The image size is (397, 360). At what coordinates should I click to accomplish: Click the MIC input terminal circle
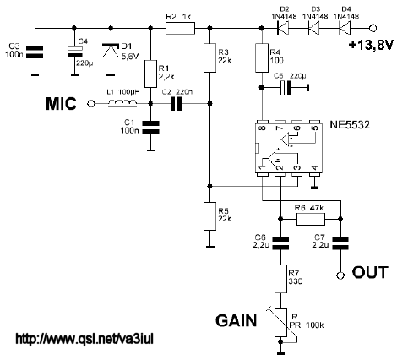(90, 104)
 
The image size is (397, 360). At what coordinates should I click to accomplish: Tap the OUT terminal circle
(340, 275)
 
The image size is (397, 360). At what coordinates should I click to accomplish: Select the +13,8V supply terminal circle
(373, 28)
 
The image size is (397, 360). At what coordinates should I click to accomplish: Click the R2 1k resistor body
(180, 28)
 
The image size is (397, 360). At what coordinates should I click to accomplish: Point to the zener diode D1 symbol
(111, 52)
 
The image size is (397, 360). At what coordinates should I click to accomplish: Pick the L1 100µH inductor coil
(122, 104)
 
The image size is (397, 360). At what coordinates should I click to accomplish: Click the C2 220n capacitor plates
(177, 104)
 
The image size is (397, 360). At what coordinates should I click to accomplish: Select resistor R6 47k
(311, 219)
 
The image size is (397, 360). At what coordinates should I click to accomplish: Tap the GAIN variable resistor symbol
(281, 323)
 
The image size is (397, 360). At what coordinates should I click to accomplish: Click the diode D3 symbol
(314, 28)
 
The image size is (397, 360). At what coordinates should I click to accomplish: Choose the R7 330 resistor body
(280, 279)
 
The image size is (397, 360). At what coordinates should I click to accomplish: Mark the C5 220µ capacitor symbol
(287, 88)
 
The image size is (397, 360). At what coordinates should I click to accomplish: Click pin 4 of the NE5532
(315, 175)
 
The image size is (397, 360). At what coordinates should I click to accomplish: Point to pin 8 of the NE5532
(262, 122)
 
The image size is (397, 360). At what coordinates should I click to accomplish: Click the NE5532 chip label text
(350, 124)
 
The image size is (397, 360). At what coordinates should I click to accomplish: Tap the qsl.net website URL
(84, 339)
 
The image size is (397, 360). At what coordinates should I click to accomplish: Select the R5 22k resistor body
(209, 216)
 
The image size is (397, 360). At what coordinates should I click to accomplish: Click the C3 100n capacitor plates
(35, 52)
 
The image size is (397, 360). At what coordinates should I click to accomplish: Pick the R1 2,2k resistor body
(150, 74)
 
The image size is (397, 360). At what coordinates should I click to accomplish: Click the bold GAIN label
(237, 320)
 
